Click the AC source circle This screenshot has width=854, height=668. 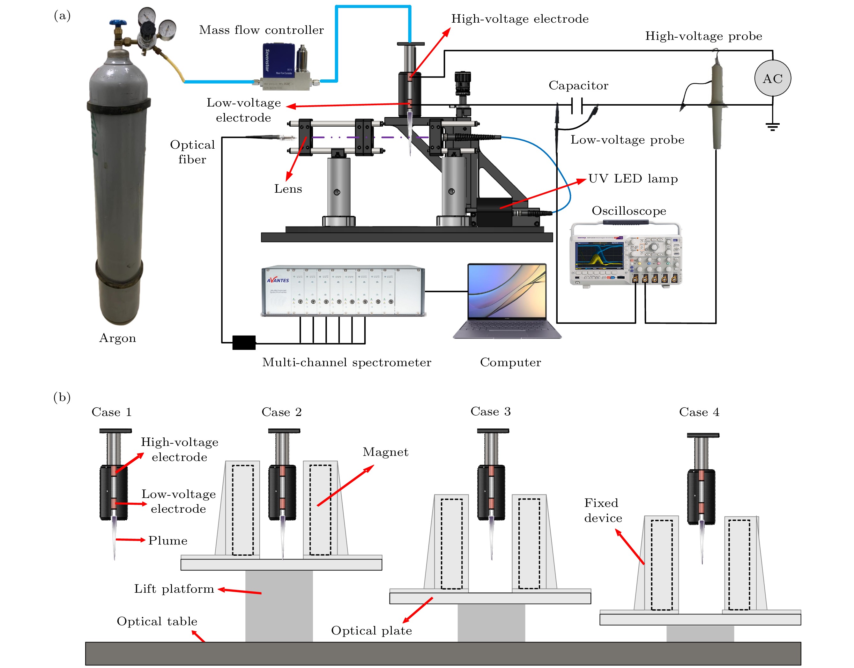tap(772, 78)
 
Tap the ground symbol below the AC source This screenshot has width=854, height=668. tap(772, 126)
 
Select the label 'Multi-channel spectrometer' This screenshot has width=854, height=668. tap(346, 362)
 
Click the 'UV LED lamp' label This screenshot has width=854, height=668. tap(633, 179)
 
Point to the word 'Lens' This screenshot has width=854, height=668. tap(288, 189)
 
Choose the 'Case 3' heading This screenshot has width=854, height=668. tap(490, 412)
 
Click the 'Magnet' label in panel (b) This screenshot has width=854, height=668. tap(385, 452)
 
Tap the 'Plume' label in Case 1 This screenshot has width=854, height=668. tap(168, 540)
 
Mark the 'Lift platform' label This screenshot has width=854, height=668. tap(174, 589)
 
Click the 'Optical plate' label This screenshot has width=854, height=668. tap(371, 630)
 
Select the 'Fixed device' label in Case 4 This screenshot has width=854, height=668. tap(603, 510)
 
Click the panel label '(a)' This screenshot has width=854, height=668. tap(62, 16)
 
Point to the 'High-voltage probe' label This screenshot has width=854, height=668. tap(703, 36)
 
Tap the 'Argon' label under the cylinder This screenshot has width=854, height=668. tap(117, 338)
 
